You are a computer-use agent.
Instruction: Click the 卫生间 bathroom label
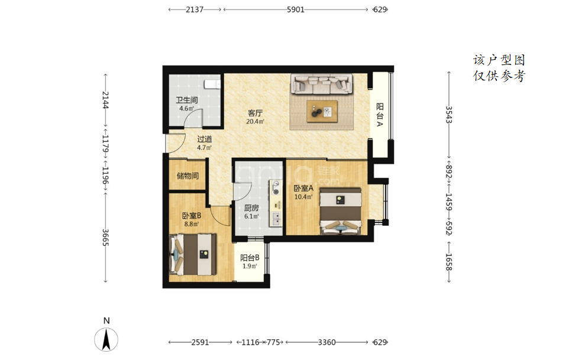tap(186, 100)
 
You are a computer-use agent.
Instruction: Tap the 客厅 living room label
tap(255, 113)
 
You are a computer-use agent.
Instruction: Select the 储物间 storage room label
tap(187, 176)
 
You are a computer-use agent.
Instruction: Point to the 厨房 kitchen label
tap(251, 207)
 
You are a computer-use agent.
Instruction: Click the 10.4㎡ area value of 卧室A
tap(303, 197)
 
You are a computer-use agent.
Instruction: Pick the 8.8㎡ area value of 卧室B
tap(191, 224)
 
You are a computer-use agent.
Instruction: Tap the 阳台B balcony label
tap(250, 258)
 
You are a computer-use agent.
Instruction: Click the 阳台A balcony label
tap(380, 115)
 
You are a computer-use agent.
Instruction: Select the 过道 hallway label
tap(204, 139)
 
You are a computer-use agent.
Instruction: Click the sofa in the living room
tap(322, 84)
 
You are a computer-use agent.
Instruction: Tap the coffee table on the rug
tap(322, 111)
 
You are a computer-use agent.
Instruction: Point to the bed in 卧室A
tap(340, 211)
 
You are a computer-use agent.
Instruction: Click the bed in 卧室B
tap(193, 254)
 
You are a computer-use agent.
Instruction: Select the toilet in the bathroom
tap(212, 84)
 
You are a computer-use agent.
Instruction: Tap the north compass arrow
tap(106, 340)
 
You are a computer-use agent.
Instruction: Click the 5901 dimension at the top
tap(295, 10)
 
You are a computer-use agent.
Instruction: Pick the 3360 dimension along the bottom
tap(326, 342)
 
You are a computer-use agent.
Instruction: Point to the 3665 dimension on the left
tap(106, 238)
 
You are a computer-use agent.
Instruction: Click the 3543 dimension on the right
tap(449, 115)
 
